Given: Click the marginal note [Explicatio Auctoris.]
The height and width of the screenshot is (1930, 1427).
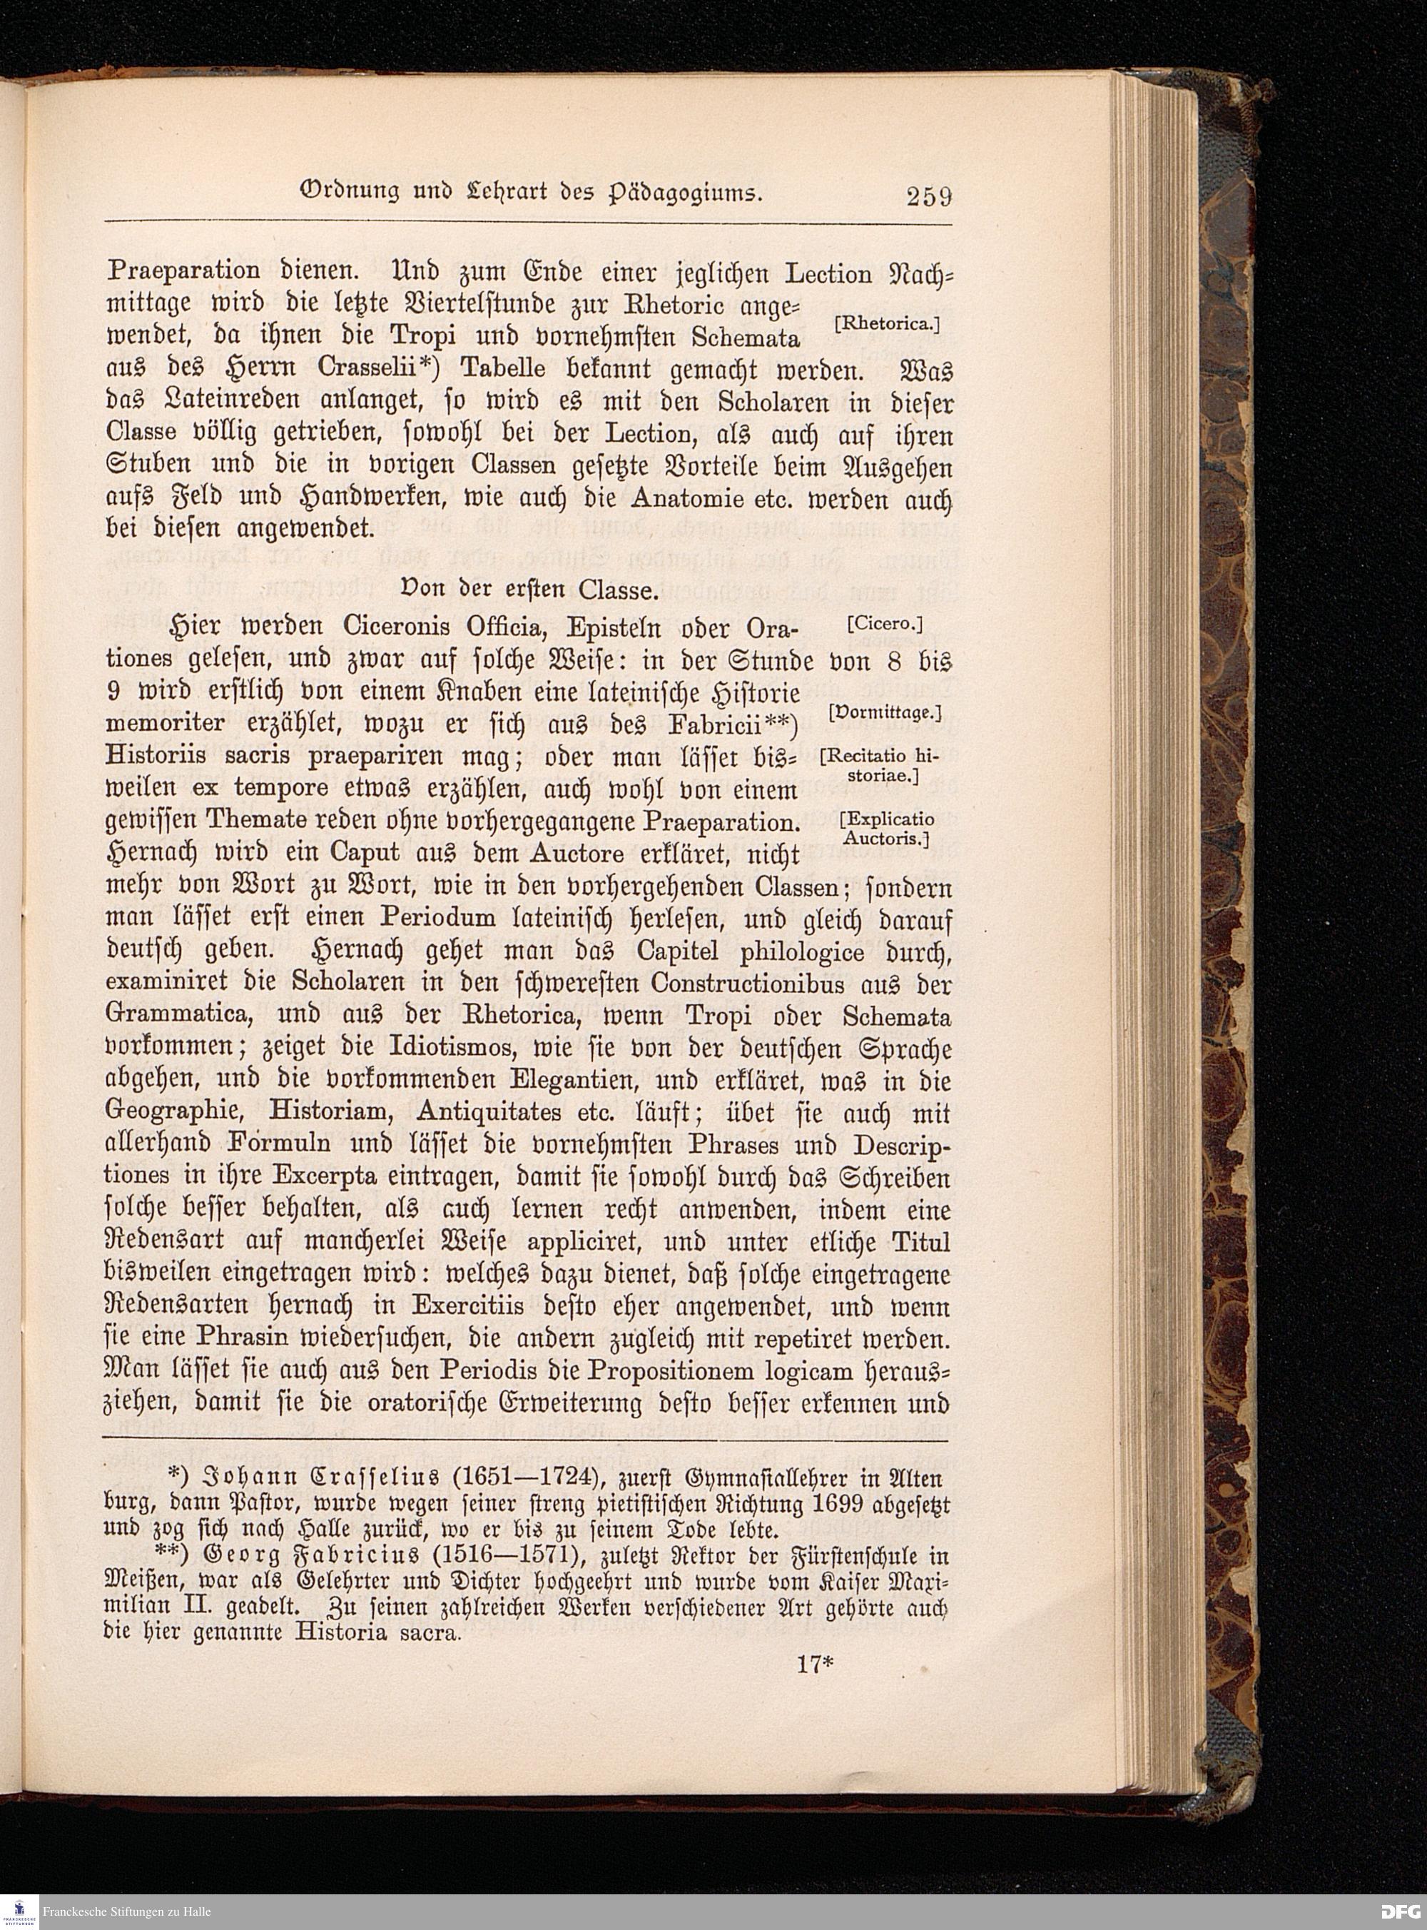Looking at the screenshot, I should pyautogui.click(x=887, y=829).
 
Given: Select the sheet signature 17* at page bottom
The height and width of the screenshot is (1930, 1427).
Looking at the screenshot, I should pyautogui.click(x=808, y=1664).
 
